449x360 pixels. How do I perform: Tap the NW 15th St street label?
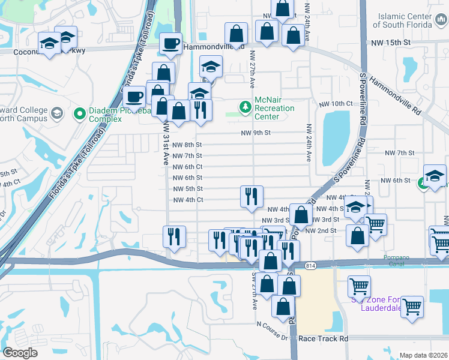390,43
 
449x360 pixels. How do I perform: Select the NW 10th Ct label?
336,104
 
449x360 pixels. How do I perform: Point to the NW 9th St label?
256,133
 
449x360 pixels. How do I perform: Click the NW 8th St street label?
187,145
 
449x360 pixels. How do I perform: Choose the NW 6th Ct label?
187,167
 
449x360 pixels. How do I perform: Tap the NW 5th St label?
187,189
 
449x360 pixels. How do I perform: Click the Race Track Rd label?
323,338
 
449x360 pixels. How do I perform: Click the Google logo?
20,353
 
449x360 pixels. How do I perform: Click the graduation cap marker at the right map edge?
435,176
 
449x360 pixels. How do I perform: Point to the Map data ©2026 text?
423,355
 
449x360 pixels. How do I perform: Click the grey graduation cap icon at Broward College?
56,113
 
